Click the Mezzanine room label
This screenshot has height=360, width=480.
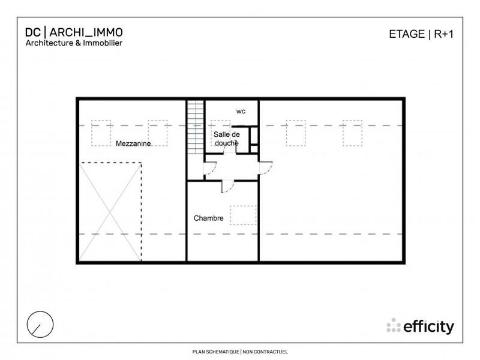pyautogui.click(x=133, y=144)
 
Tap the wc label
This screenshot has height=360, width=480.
pyautogui.click(x=241, y=112)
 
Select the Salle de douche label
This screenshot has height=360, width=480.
pyautogui.click(x=226, y=139)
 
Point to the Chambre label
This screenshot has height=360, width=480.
pyautogui.click(x=208, y=218)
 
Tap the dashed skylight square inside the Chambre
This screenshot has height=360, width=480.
pyautogui.click(x=243, y=215)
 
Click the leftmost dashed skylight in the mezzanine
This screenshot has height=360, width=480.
pyautogui.click(x=101, y=133)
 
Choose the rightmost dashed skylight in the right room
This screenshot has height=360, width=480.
pyautogui.click(x=353, y=133)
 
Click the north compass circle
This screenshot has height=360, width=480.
pyautogui.click(x=40, y=325)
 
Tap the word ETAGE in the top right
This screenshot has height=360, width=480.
pyautogui.click(x=406, y=34)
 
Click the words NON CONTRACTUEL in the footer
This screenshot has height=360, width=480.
pyautogui.click(x=266, y=352)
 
